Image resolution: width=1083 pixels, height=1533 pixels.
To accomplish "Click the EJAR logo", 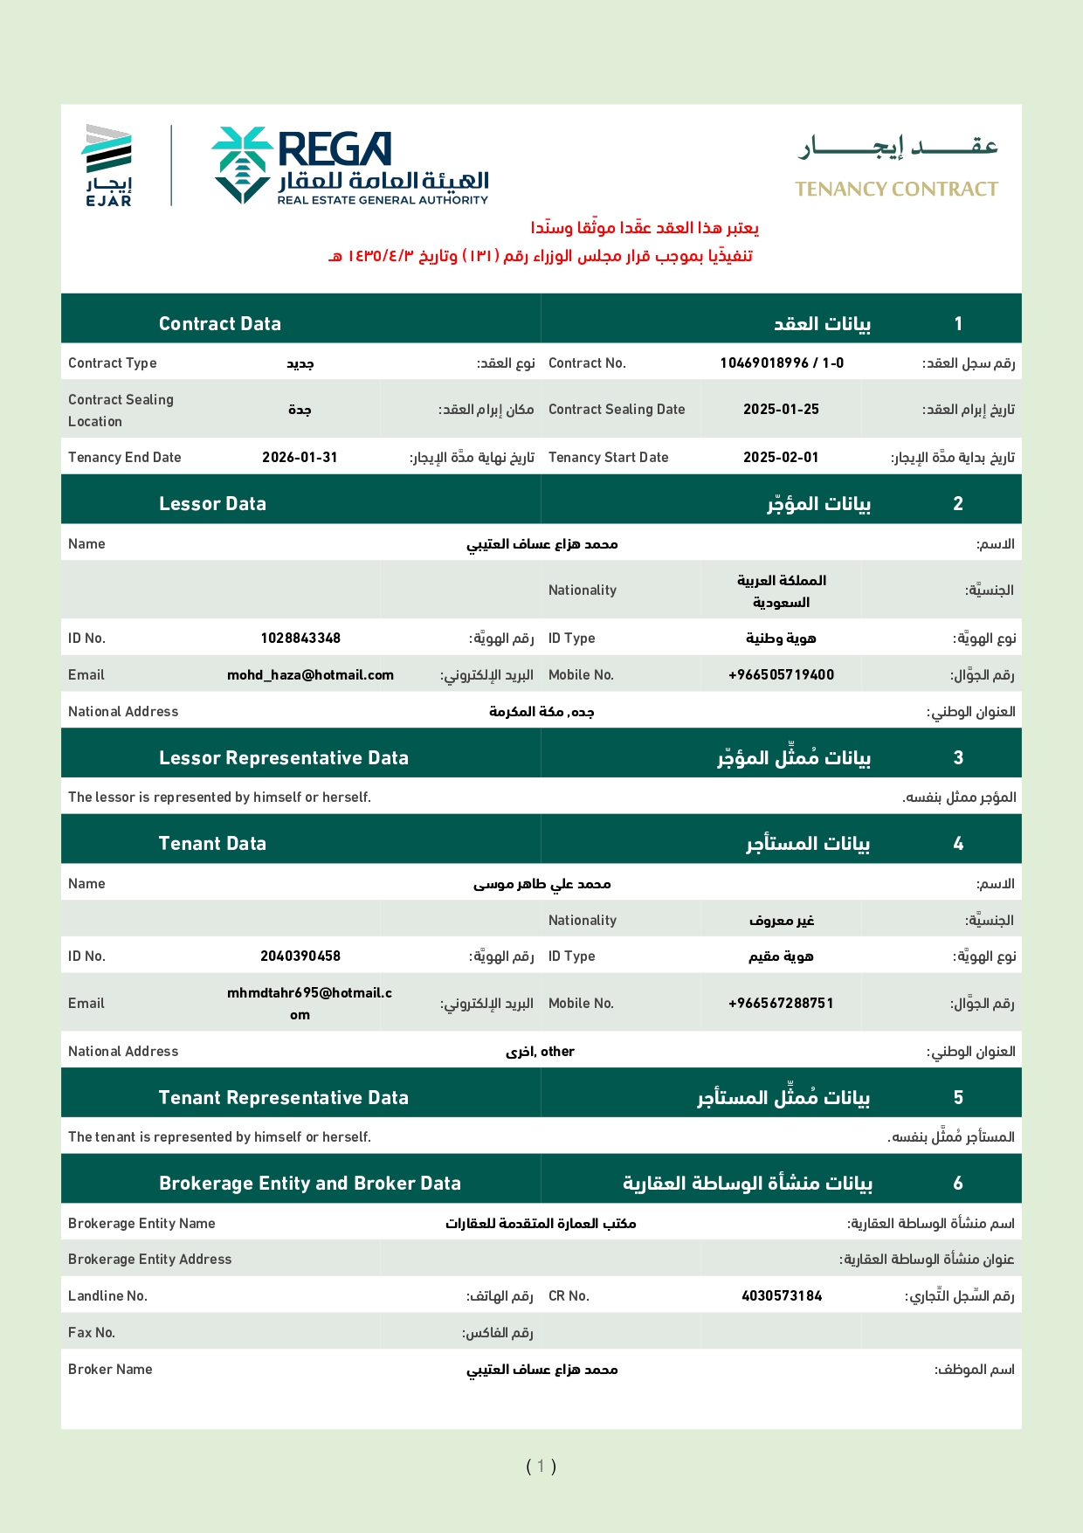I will (x=107, y=166).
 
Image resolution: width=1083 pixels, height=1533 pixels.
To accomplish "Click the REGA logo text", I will (x=335, y=149).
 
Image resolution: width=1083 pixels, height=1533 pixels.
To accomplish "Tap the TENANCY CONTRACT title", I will (x=896, y=190).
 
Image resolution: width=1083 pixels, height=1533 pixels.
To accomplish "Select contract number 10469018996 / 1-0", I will (x=782, y=363).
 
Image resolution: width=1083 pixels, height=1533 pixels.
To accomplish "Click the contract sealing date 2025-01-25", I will (x=781, y=410).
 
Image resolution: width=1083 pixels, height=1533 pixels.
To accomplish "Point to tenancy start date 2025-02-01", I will (x=781, y=458).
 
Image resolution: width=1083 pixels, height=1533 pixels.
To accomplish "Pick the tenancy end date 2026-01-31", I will (x=300, y=458).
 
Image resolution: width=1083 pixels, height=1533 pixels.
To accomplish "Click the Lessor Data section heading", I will (x=212, y=504).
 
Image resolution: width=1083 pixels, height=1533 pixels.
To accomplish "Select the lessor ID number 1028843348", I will (x=300, y=639).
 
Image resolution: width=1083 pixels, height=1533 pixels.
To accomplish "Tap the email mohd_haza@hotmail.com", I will (x=310, y=675).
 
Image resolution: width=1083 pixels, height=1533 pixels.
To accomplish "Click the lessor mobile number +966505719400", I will (x=781, y=675).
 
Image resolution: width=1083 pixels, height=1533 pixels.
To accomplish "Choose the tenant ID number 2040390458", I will (x=300, y=956).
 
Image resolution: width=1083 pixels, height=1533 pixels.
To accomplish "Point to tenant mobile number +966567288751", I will (x=781, y=1004).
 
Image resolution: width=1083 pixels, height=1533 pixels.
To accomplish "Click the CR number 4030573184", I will (x=782, y=1296).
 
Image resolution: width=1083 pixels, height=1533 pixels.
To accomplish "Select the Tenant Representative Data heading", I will (x=283, y=1098).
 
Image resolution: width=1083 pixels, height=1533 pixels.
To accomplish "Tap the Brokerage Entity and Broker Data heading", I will (x=309, y=1184).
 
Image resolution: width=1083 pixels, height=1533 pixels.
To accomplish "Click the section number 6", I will (x=958, y=1184).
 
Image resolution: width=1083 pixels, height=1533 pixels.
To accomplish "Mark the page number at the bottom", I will (x=541, y=1467).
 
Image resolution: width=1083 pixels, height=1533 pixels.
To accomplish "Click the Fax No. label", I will (x=92, y=1333).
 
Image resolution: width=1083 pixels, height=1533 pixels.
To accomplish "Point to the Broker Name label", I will (x=110, y=1370).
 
